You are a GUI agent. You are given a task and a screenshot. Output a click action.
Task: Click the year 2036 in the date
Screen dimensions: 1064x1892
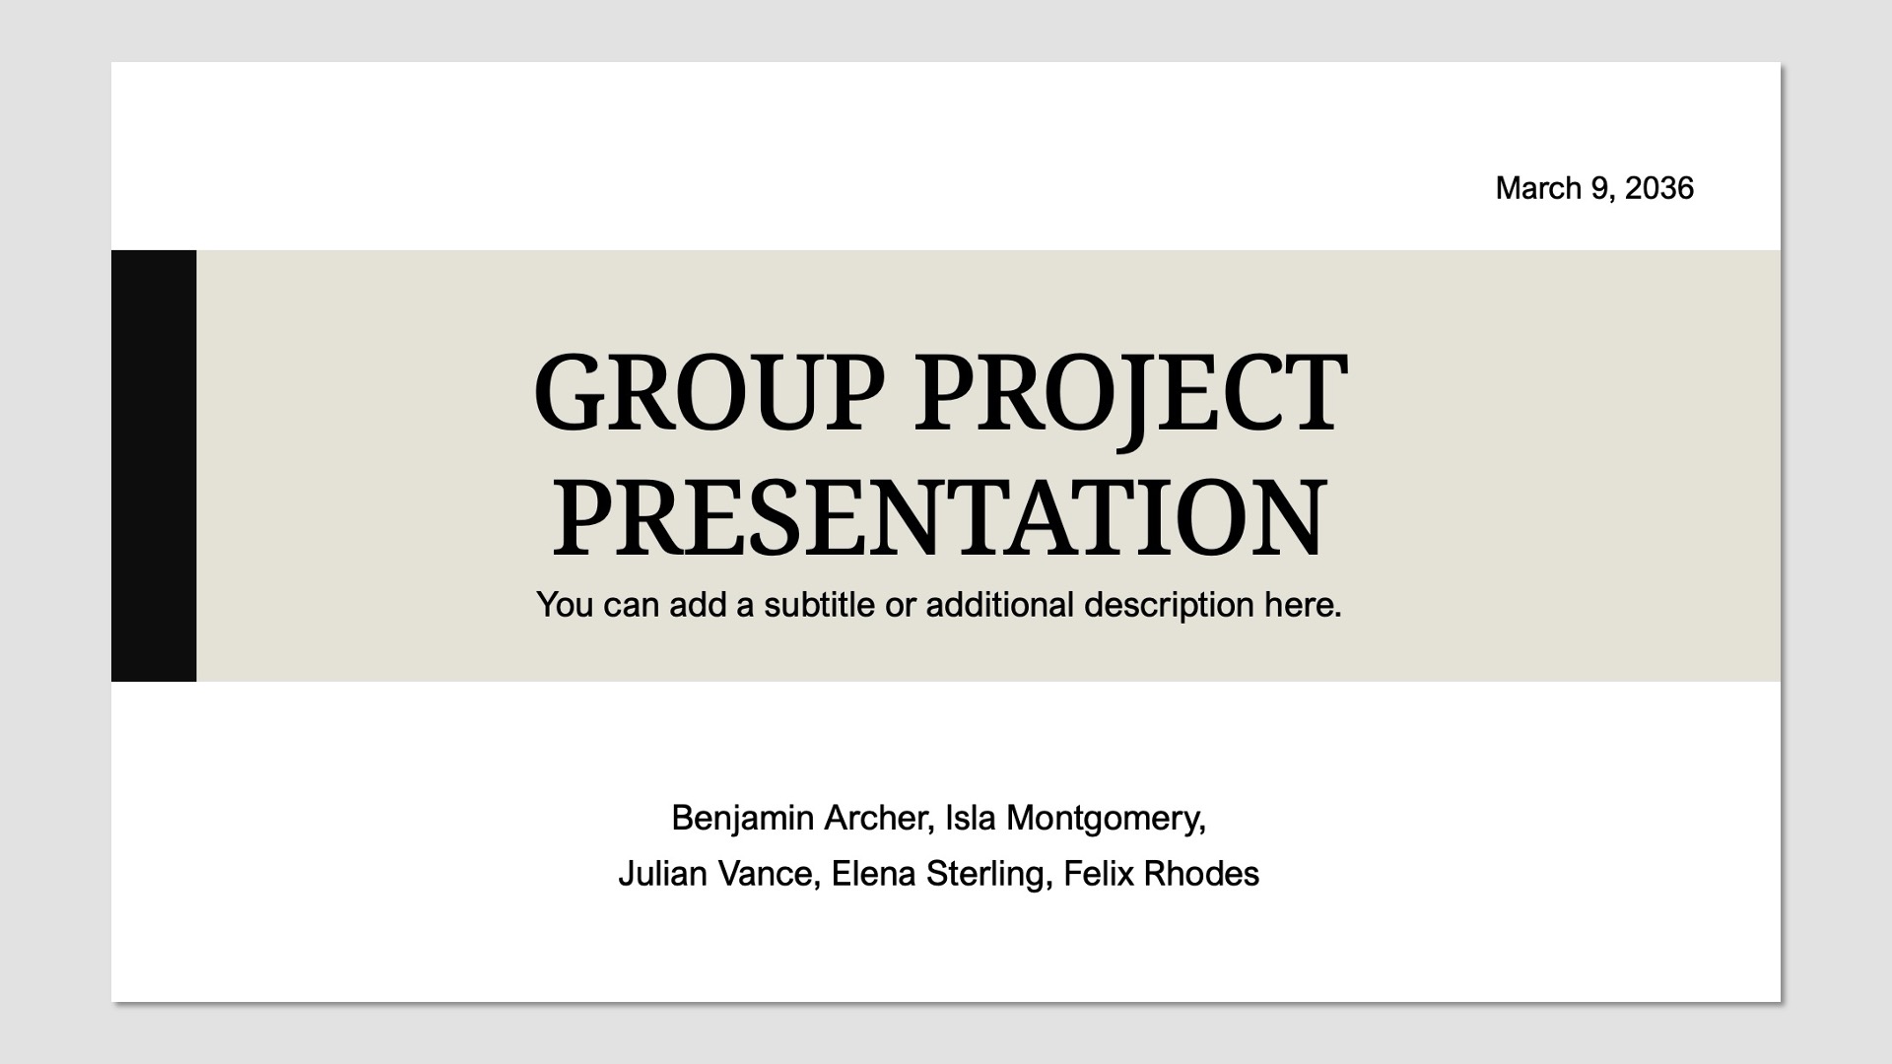(x=1658, y=188)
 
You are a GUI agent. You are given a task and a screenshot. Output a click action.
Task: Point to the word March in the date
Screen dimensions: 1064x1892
(x=1538, y=188)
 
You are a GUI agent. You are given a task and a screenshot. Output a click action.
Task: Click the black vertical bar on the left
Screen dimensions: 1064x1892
(x=154, y=465)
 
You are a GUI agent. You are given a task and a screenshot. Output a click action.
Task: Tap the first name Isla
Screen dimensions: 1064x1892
(x=971, y=818)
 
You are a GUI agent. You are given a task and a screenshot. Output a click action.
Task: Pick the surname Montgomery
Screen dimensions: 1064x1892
(x=1105, y=819)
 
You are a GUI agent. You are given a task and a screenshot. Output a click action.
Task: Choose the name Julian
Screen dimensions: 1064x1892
(x=662, y=874)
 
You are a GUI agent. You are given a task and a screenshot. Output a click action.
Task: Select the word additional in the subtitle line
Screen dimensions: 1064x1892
(x=999, y=604)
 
